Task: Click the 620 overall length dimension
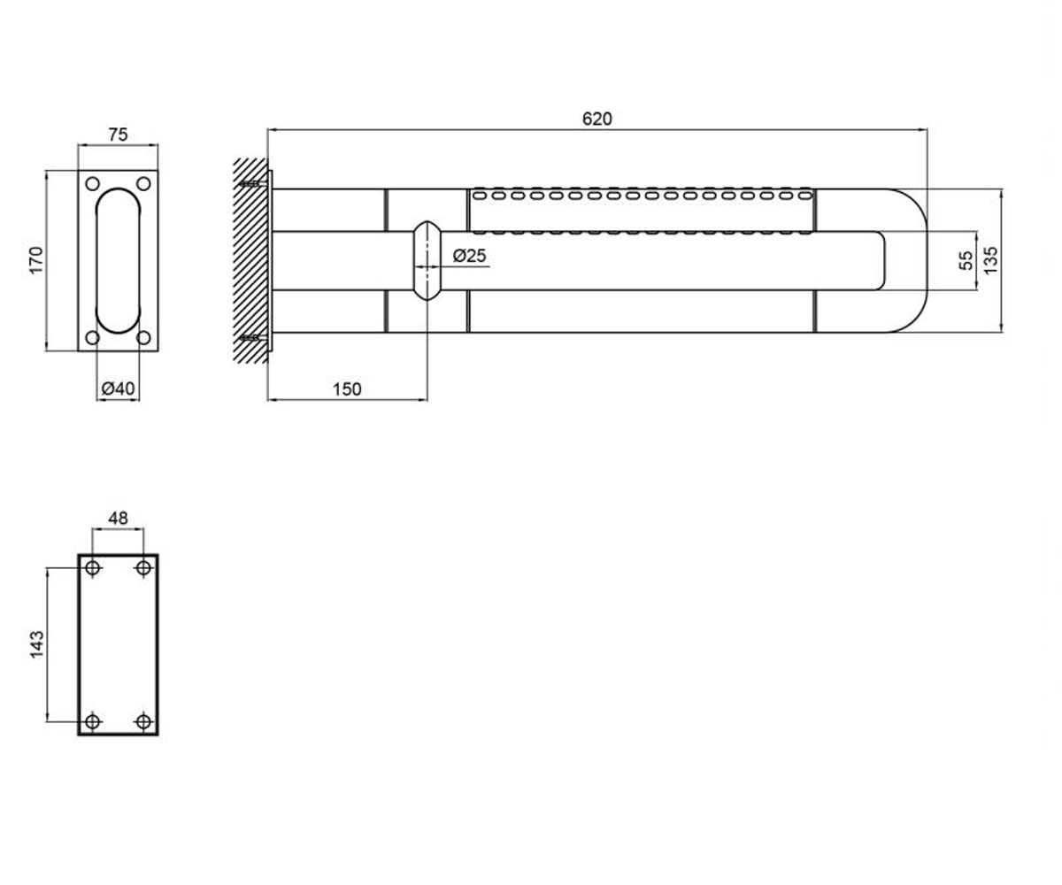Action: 596,119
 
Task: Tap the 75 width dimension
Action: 118,135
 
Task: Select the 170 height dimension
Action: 36,260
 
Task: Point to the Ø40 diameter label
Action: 118,389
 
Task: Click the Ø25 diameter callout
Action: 469,256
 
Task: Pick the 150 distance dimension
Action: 347,389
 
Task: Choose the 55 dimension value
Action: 966,260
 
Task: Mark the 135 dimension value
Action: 991,260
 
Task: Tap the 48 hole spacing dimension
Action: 118,519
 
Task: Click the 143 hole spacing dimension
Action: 36,644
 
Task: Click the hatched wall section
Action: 250,260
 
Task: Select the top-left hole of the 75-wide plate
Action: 93,183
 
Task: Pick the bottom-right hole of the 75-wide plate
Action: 144,337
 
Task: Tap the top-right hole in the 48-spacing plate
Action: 144,567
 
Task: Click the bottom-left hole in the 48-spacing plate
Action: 93,721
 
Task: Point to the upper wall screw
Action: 253,183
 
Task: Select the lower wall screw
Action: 253,337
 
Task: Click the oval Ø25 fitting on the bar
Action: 427,260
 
